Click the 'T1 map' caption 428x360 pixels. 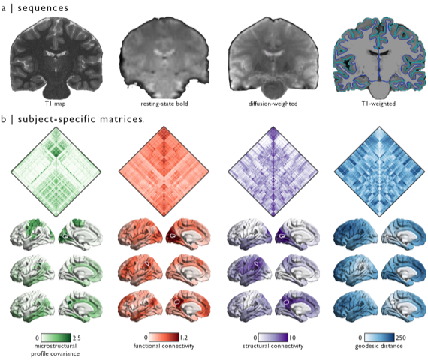point(55,103)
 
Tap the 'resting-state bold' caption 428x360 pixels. point(164,103)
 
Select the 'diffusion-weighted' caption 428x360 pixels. point(273,103)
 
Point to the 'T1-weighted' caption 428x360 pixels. point(378,103)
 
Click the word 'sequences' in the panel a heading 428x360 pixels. point(43,8)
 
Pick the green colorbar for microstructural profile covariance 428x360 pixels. point(56,337)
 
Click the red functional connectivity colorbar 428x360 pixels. point(164,337)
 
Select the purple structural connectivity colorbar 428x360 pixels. point(273,337)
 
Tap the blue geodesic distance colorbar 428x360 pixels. point(379,337)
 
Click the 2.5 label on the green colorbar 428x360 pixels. point(77,338)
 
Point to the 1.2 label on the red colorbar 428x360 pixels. point(183,337)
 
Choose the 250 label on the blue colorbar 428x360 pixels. point(401,337)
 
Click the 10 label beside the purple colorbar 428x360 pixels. point(292,337)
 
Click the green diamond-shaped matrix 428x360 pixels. point(56,172)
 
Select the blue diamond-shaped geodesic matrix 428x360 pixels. point(380,172)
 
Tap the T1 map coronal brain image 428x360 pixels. point(56,58)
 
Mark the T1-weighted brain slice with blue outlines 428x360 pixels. point(379,58)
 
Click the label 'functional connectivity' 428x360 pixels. point(164,346)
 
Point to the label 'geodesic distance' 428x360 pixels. point(379,346)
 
